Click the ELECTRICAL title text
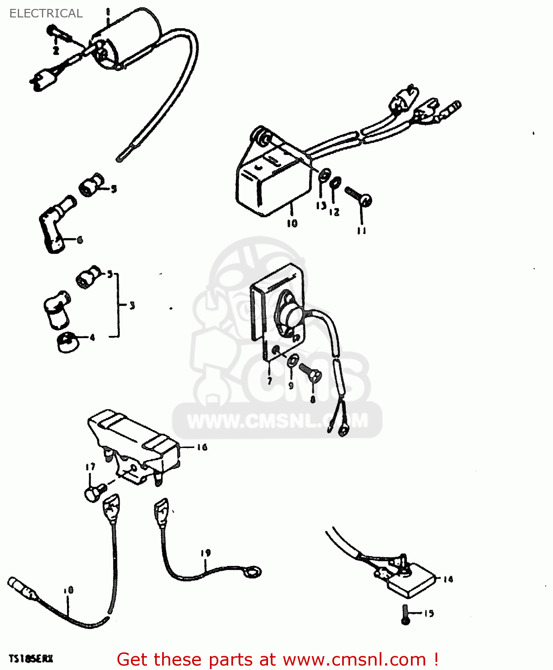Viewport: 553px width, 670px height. [x=46, y=13]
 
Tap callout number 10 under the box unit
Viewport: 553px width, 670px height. [x=292, y=223]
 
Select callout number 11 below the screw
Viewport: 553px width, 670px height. [x=361, y=230]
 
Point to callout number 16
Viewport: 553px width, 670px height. [x=202, y=447]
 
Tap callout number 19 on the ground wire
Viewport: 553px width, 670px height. [x=205, y=553]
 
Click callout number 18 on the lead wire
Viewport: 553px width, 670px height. [x=68, y=590]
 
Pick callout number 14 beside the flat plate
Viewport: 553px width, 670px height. [x=448, y=579]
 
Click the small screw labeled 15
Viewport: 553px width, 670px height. [x=406, y=615]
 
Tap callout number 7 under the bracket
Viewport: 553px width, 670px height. [x=269, y=381]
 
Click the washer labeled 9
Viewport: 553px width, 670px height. [x=293, y=360]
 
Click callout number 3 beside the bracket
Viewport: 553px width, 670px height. [x=132, y=306]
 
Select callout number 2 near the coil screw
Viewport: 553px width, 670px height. [x=56, y=50]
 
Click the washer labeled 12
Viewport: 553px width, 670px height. [x=335, y=182]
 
